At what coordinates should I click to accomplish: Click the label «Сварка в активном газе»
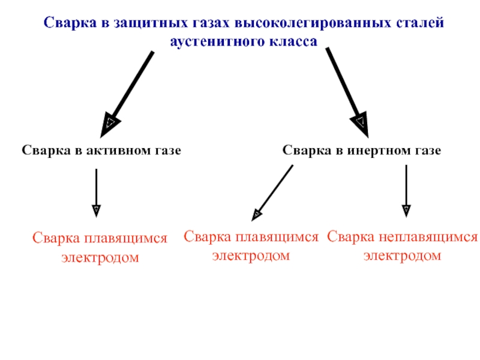tap(101, 151)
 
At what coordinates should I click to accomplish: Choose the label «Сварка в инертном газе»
tap(362, 151)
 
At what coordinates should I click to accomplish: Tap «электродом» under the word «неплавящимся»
tap(403, 256)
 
